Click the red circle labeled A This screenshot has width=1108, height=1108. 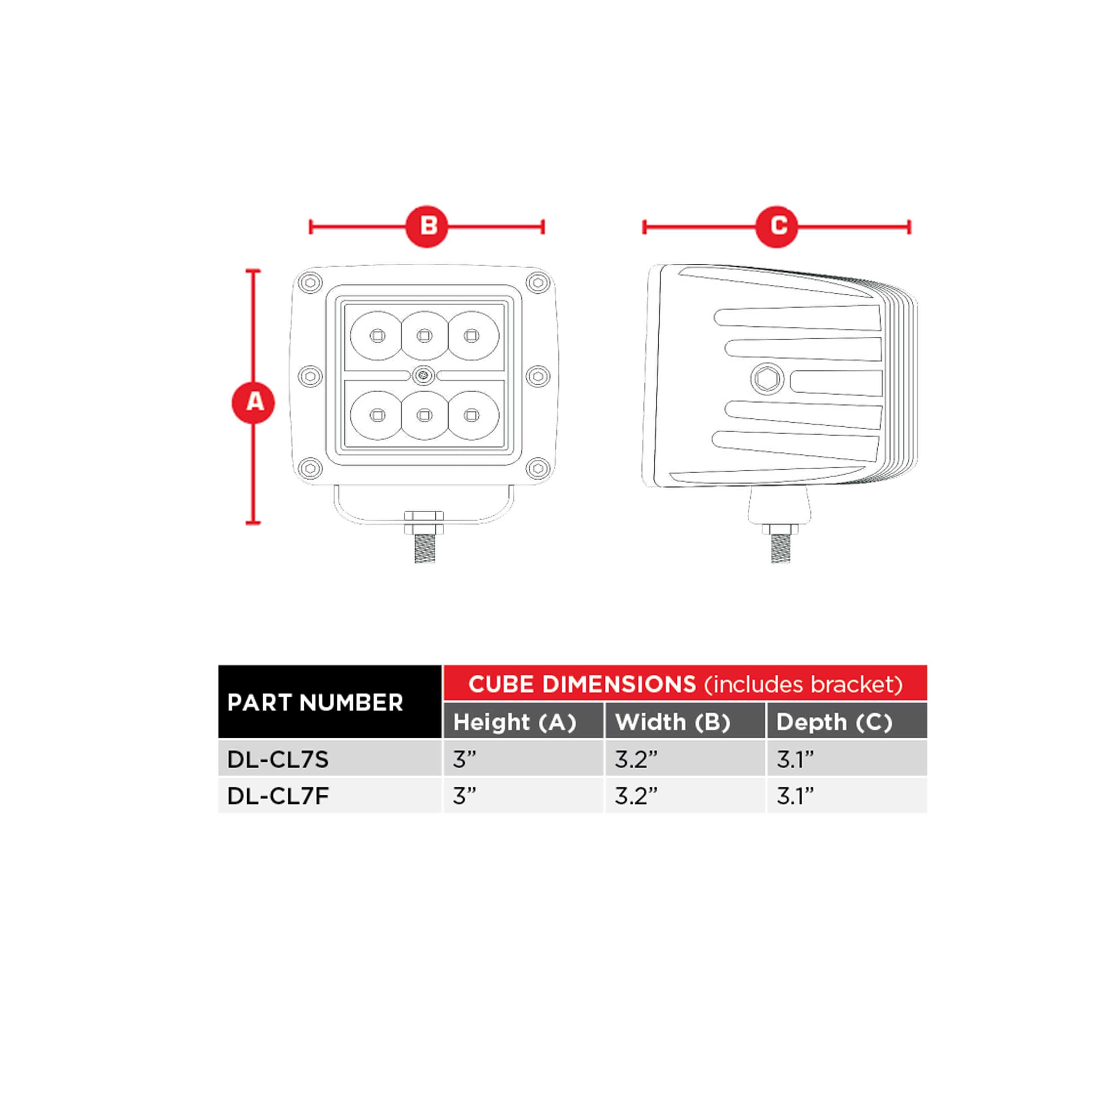tap(253, 403)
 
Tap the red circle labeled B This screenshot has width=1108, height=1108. tap(427, 226)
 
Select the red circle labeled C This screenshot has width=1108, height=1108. tap(776, 226)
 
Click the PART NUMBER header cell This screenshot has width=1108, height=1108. tap(330, 701)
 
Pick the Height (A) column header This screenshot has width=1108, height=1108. tap(523, 721)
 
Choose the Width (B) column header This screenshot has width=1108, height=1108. tap(685, 721)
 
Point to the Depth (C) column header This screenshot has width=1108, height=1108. tap(847, 721)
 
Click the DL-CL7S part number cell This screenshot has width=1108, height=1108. tap(330, 759)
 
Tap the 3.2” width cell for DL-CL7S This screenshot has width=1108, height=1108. tap(685, 759)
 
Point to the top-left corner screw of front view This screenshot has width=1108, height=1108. tap(310, 283)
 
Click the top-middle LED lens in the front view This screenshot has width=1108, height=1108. tap(425, 335)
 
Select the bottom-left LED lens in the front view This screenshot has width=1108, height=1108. tap(377, 415)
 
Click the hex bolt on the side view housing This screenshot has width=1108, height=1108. tap(767, 378)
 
